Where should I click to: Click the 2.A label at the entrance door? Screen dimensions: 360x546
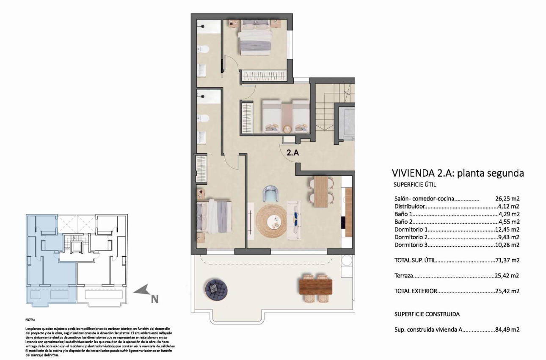pos(293,153)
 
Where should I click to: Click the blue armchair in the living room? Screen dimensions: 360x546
pos(270,194)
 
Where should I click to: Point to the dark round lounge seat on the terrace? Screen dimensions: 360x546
pos(217,288)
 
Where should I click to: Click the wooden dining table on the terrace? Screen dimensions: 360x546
pos(315,286)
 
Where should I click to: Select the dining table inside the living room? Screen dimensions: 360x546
pos(321,191)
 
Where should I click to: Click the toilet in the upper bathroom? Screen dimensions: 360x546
pos(204,50)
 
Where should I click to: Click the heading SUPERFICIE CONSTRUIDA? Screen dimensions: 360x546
pos(427,314)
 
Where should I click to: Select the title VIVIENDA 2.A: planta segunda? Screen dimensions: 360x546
pos(458,173)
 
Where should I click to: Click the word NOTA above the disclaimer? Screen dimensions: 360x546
pos(30,320)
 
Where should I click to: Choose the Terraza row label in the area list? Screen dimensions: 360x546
pos(403,276)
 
